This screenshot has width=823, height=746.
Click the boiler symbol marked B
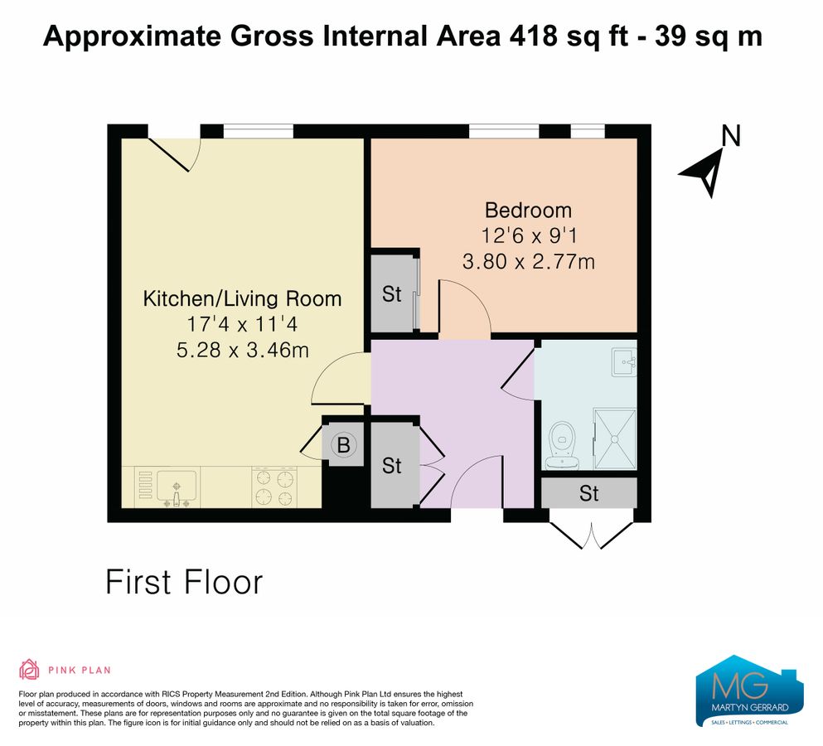(342, 445)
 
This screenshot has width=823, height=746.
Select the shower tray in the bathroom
(615, 439)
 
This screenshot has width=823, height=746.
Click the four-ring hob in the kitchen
(274, 487)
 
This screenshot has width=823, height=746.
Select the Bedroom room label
(528, 210)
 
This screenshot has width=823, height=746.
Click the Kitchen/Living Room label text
(242, 298)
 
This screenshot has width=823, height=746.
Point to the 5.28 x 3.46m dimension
(242, 350)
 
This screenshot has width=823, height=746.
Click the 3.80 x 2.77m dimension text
(528, 262)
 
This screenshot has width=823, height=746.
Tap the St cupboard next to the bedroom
(391, 294)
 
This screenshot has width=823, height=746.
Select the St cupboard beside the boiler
(391, 465)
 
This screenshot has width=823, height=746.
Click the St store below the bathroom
(588, 494)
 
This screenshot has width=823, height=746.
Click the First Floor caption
(183, 582)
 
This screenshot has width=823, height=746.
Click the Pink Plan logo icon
(30, 669)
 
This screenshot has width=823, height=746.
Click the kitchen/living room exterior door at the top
(175, 149)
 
